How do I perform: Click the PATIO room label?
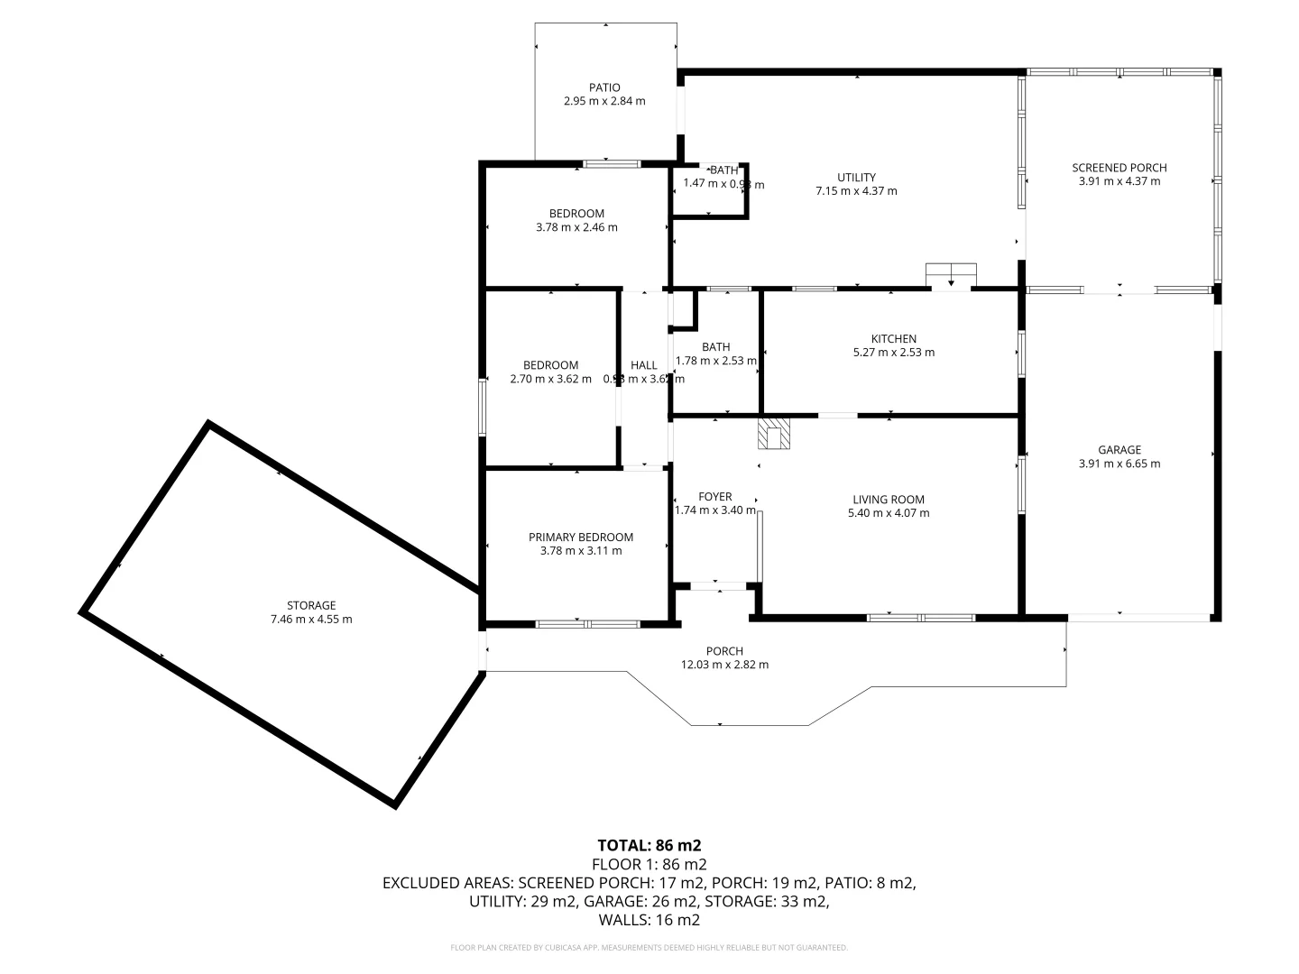(604, 87)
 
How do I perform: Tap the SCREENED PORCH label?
(1119, 167)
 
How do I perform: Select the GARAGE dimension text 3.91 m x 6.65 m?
(1119, 464)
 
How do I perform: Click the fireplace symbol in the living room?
(774, 433)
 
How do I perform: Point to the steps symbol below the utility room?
(951, 274)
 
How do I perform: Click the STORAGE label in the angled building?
(311, 605)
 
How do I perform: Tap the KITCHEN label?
(893, 338)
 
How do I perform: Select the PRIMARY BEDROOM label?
(580, 537)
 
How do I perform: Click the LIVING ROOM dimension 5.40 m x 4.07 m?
(889, 513)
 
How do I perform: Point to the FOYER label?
(715, 496)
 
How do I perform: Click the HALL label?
(643, 365)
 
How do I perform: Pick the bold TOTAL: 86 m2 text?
(649, 845)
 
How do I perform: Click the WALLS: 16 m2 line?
(649, 920)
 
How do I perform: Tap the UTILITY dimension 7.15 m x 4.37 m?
(856, 190)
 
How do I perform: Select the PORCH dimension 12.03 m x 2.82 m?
(724, 665)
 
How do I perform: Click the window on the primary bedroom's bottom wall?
(587, 623)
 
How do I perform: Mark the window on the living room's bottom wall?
(921, 618)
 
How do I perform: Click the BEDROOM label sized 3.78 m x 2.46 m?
(576, 214)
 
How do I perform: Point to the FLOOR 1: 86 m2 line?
(649, 864)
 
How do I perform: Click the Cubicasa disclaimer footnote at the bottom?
(649, 948)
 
